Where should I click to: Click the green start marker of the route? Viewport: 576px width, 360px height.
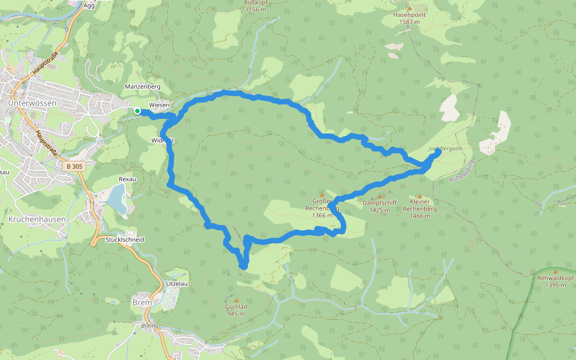coord(137,110)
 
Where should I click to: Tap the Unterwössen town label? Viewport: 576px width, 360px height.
coord(32,103)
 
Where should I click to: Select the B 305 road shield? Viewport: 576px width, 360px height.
coord(75,166)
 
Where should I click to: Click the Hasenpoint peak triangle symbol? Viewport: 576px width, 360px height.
coord(410,9)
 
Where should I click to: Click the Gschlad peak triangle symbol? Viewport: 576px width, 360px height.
coord(236,300)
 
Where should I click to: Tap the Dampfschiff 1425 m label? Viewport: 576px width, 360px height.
coord(379,206)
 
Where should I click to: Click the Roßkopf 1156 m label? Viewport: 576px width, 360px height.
coord(256,7)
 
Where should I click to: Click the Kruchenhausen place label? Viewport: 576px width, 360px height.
coord(37,220)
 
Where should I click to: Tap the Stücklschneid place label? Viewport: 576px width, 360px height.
coord(125,239)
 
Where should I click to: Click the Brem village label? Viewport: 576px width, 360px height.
coord(142,303)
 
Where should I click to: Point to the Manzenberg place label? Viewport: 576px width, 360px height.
coord(143,87)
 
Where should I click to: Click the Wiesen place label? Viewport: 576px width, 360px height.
coord(160,104)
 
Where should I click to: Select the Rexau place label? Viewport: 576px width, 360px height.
coord(128,179)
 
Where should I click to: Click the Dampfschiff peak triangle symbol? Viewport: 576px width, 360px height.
coord(380,197)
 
